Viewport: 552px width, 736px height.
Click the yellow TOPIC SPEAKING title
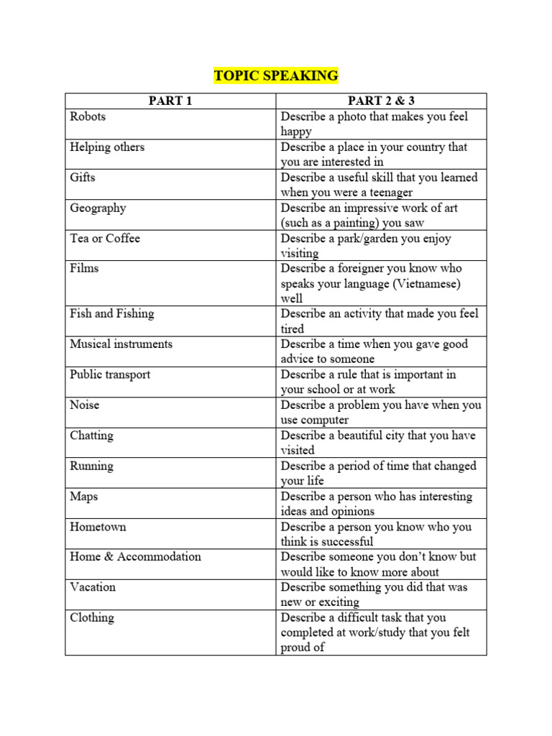click(x=275, y=76)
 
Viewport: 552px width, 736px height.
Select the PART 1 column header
click(x=170, y=101)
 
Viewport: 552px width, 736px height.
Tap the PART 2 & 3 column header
click(x=381, y=101)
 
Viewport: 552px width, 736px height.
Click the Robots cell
click(x=88, y=116)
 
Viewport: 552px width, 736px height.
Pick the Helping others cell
click(x=107, y=147)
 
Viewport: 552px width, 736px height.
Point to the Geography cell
click(x=98, y=208)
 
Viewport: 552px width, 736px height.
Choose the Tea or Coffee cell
click(x=105, y=238)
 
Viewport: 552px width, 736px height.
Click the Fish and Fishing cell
click(x=112, y=313)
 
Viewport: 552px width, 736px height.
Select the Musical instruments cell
click(x=121, y=344)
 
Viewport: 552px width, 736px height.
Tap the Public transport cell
click(x=110, y=374)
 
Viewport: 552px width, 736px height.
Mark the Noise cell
click(x=85, y=405)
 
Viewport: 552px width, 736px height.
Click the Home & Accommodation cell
click(x=135, y=556)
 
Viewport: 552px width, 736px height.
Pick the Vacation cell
click(x=93, y=586)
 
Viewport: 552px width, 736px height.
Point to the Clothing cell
click(x=92, y=617)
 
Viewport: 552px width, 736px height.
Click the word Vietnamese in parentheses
click(x=427, y=284)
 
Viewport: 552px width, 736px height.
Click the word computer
click(x=326, y=420)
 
